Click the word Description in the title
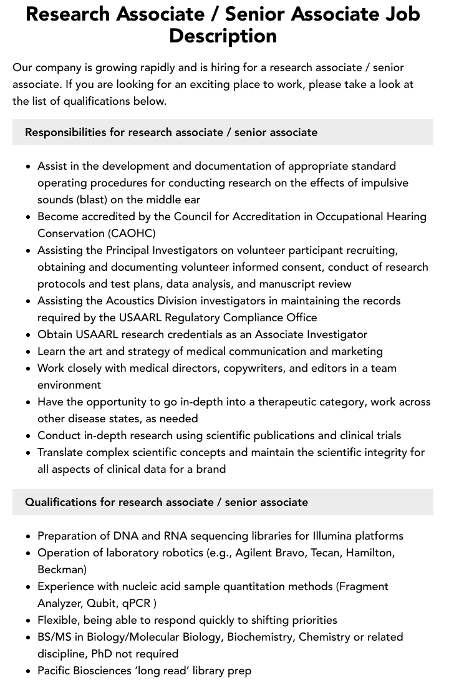tap(223, 36)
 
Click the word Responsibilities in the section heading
tap(65, 132)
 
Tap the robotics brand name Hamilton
tap(369, 553)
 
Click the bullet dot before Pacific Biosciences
tap(29, 671)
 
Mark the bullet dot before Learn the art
tap(29, 352)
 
